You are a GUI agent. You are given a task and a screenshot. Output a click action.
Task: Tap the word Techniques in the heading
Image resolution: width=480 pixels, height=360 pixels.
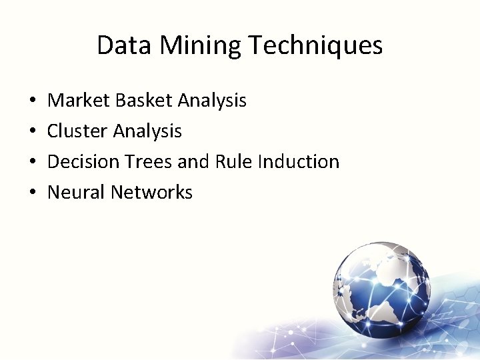tap(316, 45)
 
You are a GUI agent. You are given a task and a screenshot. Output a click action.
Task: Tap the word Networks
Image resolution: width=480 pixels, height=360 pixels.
tap(151, 193)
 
